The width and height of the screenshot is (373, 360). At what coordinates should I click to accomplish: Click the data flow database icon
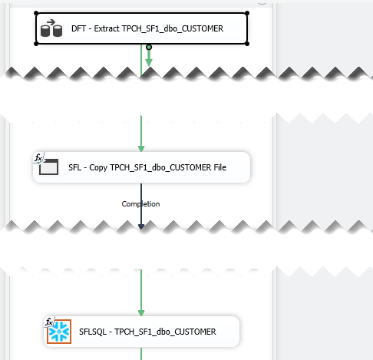(51, 28)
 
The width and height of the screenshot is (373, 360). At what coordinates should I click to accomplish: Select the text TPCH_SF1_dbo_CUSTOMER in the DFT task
(173, 28)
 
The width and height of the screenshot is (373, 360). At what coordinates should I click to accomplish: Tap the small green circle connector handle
(149, 47)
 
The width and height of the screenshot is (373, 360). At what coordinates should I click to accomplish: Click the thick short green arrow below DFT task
(149, 58)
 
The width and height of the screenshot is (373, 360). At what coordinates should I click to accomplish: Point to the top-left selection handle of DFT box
(36, 13)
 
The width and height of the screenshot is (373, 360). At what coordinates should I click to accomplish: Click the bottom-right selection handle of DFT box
(247, 44)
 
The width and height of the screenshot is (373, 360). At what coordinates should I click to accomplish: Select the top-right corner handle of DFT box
(247, 13)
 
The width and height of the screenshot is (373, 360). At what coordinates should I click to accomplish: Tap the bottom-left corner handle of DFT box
(36, 44)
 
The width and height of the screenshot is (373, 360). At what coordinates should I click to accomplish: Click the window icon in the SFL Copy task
(48, 167)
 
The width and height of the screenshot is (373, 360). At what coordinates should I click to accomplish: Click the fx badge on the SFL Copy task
(38, 157)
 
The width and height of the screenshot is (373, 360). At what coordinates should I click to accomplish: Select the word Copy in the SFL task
(98, 167)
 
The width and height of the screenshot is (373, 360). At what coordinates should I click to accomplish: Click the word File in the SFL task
(220, 167)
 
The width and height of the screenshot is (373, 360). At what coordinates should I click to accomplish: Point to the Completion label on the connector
(140, 204)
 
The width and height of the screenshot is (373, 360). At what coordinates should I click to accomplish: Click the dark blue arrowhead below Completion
(141, 226)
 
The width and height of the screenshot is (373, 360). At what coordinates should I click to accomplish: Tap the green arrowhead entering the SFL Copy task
(141, 149)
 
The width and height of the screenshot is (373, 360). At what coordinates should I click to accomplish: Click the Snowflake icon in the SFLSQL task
(59, 332)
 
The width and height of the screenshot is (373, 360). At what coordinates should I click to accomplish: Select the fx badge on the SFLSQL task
(49, 322)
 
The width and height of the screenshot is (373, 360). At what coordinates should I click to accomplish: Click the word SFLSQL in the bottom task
(93, 332)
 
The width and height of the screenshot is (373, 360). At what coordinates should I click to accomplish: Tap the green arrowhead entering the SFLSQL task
(141, 313)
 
